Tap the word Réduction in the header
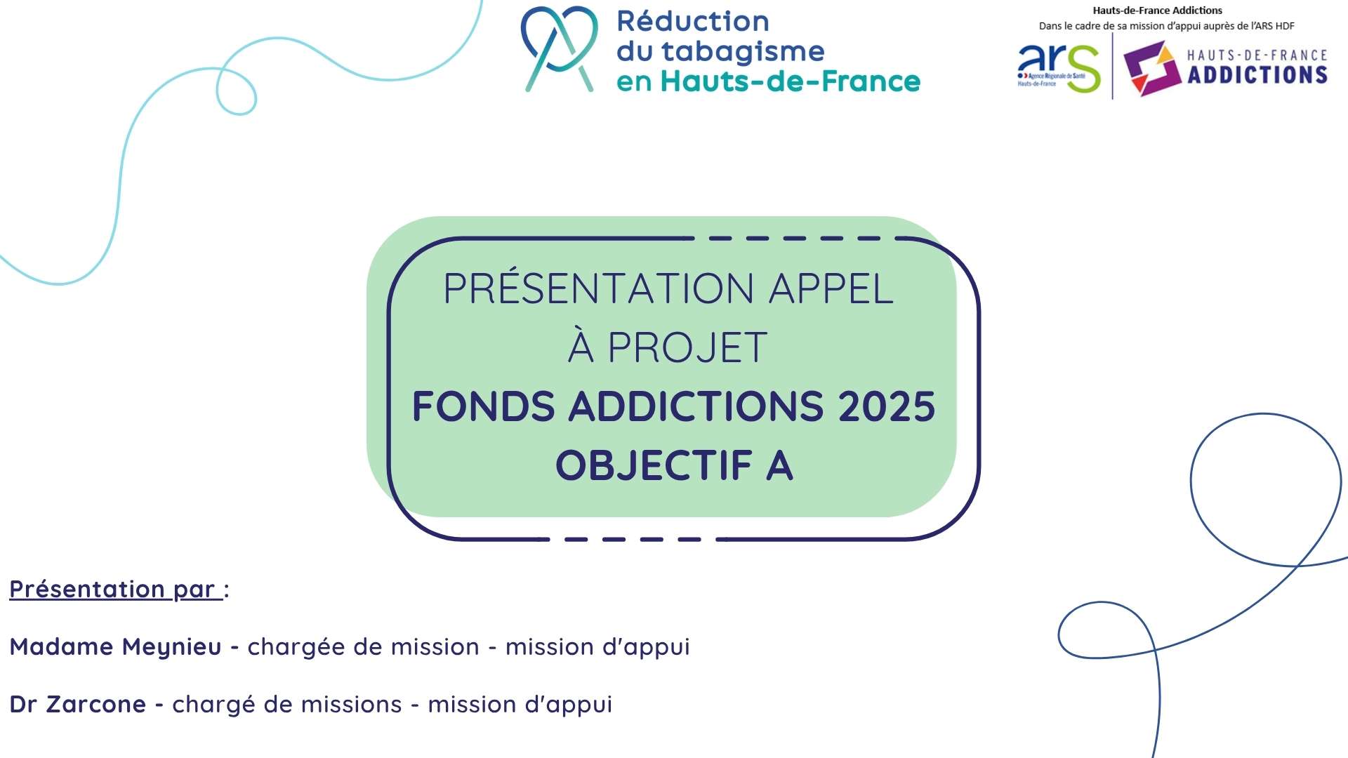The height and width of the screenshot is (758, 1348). pos(693,21)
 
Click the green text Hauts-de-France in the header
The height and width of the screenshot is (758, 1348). pos(791,81)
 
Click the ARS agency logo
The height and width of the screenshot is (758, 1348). pos(1059,67)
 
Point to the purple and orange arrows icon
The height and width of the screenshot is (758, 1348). pos(1151,68)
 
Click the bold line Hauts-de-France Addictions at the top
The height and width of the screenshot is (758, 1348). pos(1157,11)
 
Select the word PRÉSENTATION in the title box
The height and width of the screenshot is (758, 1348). pos(599,288)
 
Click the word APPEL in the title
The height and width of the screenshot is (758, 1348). pos(831,288)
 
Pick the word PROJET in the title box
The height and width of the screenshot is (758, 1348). pos(687,347)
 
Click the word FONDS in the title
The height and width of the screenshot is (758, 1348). pos(483,406)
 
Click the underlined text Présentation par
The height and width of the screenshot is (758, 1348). pos(116,590)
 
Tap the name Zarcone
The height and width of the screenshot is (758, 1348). pos(96,704)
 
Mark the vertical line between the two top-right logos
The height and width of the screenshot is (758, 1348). pos(1113,67)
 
